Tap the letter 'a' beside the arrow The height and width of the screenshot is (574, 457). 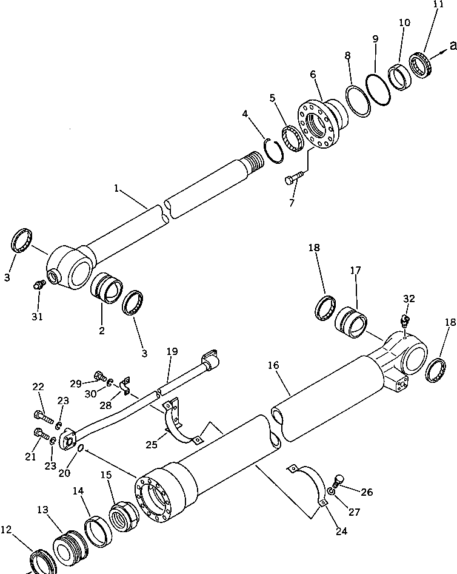coord(452,44)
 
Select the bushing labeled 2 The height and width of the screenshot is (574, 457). coord(106,288)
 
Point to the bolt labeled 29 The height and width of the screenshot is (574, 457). coord(99,377)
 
